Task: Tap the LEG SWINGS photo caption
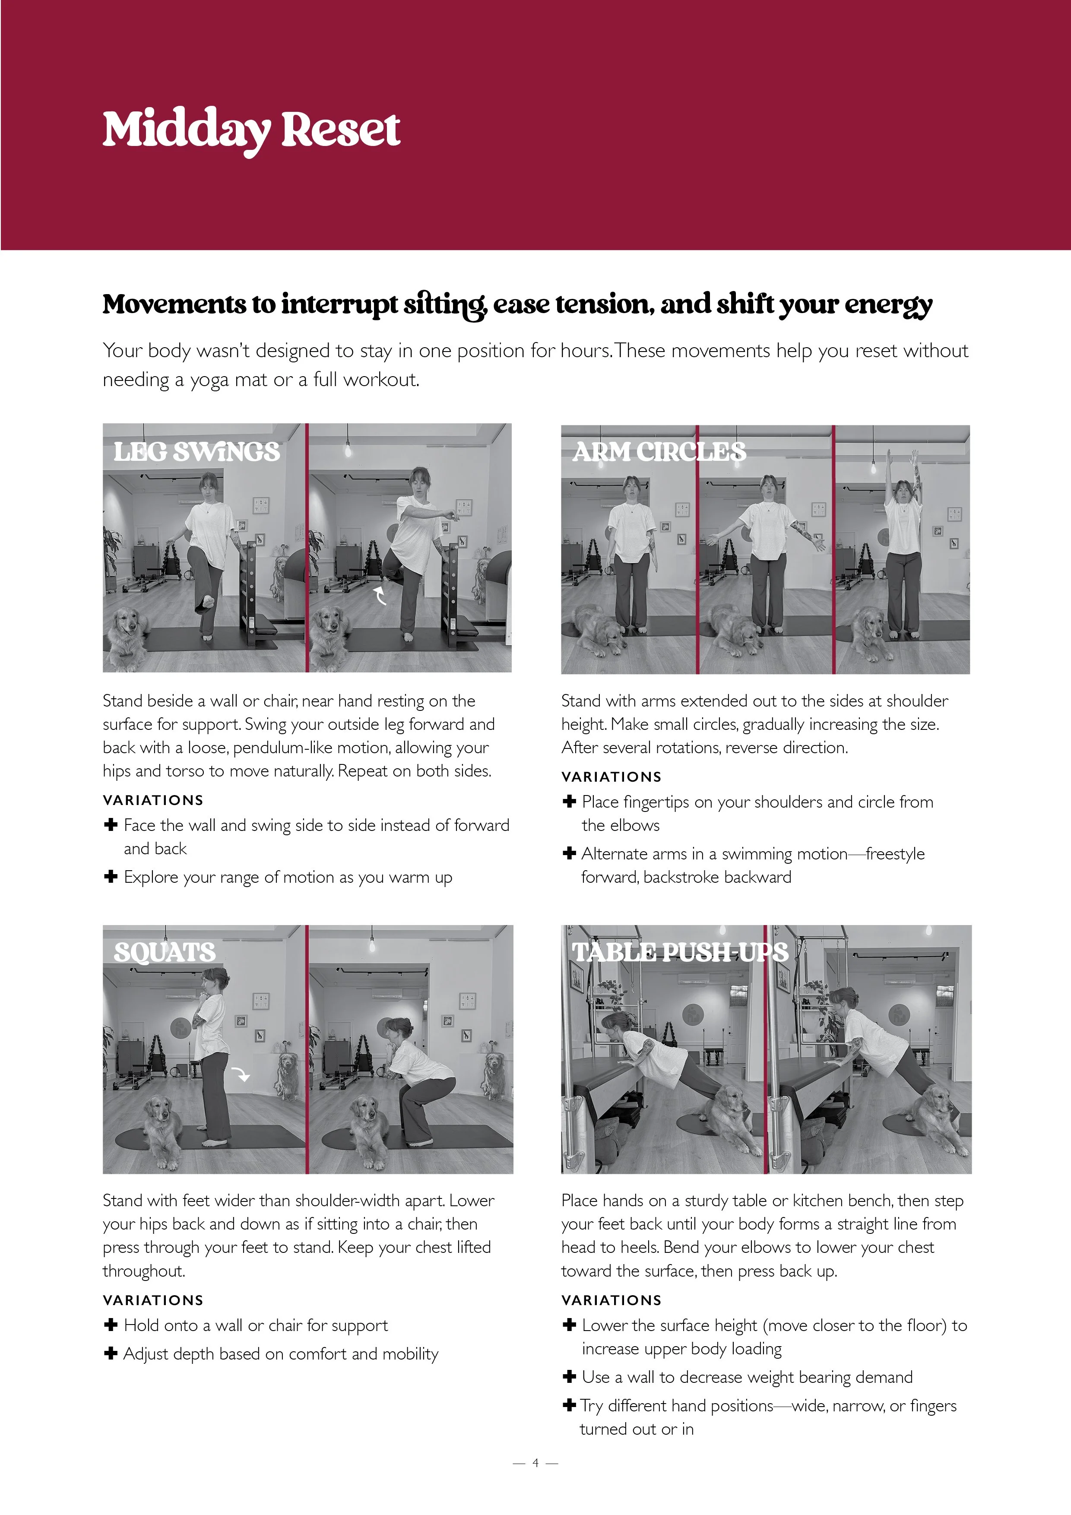196,452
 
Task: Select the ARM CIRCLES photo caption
659,452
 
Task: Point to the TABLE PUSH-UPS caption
680,952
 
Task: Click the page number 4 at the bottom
535,1463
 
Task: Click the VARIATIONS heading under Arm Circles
611,777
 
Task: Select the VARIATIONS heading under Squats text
153,1300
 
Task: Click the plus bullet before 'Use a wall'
569,1376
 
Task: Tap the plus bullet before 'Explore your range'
111,876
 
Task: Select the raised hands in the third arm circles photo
901,460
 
